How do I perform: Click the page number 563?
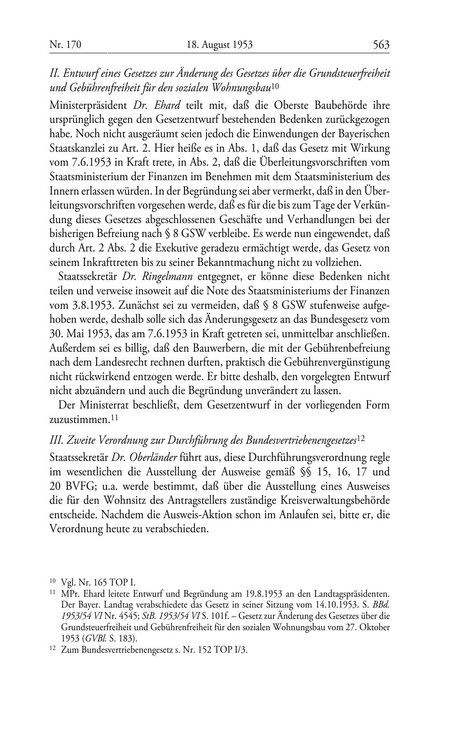tap(381, 45)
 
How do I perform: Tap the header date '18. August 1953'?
tap(220, 45)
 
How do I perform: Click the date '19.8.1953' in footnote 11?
tap(270, 594)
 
